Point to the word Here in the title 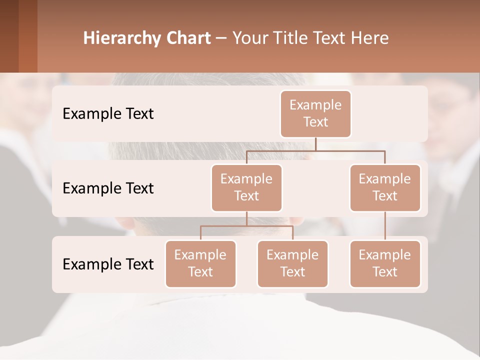tap(369, 38)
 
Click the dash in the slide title tap(221, 38)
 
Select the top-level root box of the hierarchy tap(315, 113)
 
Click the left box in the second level tap(246, 187)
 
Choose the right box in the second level tap(385, 187)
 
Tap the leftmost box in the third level tap(200, 263)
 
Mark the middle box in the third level tap(292, 263)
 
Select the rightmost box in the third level tap(385, 263)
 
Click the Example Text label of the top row tap(108, 113)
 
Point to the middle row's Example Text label tap(108, 188)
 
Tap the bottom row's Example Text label tap(108, 264)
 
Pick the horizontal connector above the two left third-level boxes tap(246, 226)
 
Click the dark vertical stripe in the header tap(28, 36)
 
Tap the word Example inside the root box tap(315, 105)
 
